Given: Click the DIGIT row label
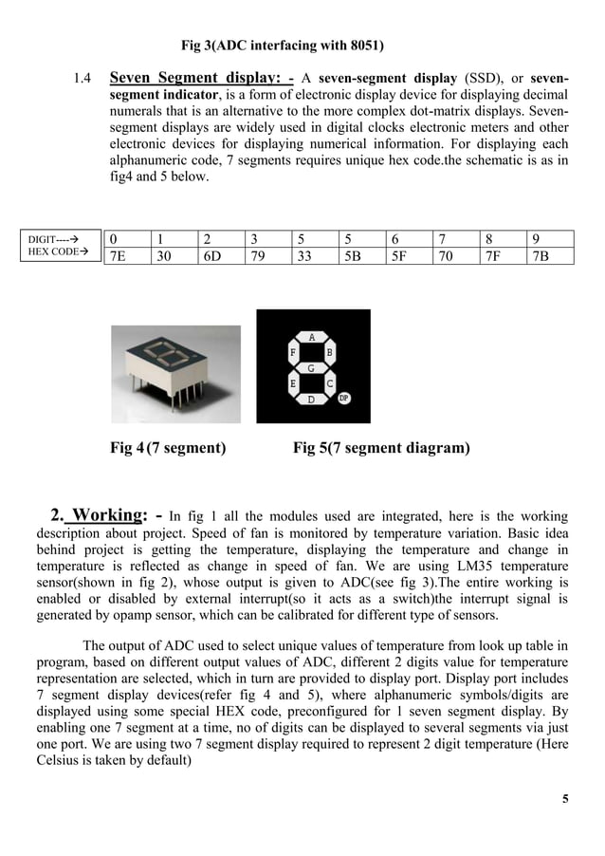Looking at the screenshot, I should pos(53,240).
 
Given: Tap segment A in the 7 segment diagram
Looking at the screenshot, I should pos(312,337).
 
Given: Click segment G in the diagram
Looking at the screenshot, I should pos(312,367).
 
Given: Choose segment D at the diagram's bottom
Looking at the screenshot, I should pos(312,400).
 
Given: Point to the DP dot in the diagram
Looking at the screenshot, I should pos(343,399).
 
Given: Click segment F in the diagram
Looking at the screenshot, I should pos(293,352).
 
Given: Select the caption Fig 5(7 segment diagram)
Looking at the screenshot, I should pos(380,448).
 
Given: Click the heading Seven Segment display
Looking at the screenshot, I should pos(201,78).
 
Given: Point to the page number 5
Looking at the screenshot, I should pos(565,798).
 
